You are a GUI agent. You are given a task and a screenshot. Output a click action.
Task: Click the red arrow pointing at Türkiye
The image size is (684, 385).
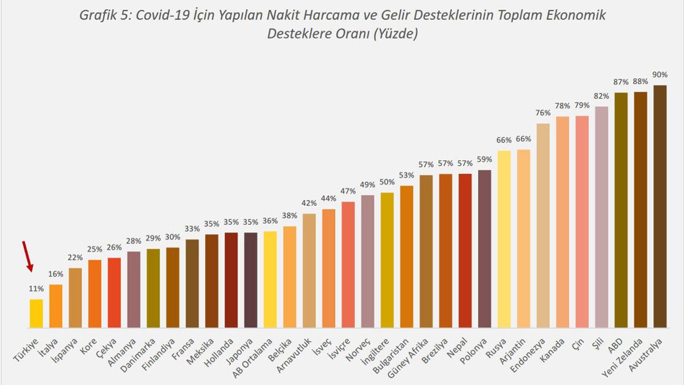tap(27, 256)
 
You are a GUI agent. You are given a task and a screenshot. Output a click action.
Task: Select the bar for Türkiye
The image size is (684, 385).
tap(36, 313)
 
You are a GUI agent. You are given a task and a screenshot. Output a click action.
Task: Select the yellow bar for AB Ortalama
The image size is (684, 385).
tap(270, 279)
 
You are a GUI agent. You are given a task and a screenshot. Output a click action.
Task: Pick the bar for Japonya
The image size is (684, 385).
tap(251, 279)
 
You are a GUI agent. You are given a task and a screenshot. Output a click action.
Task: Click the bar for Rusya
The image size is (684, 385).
tap(504, 239)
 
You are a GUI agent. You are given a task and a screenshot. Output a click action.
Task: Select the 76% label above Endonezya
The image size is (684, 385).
tap(543, 112)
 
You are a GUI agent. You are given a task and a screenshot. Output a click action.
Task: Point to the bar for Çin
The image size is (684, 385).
tap(582, 222)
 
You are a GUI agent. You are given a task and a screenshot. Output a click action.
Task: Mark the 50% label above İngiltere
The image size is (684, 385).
tap(387, 182)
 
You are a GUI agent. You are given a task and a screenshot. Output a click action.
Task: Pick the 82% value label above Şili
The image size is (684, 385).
tap(601, 95)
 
